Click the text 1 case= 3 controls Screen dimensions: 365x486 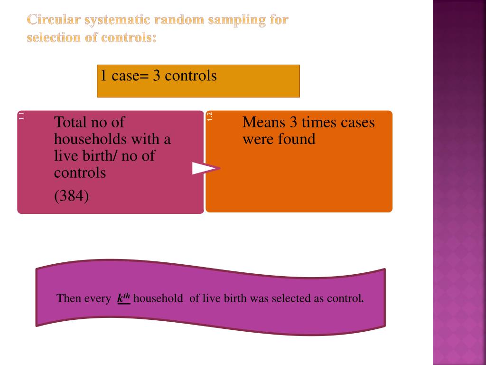[x=158, y=76]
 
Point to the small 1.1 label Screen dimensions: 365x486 [x=21, y=115]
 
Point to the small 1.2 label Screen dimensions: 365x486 [x=210, y=115]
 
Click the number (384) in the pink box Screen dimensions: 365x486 [x=71, y=196]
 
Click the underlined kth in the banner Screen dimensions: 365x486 [x=123, y=298]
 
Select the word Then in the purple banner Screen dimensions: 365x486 [x=69, y=299]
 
